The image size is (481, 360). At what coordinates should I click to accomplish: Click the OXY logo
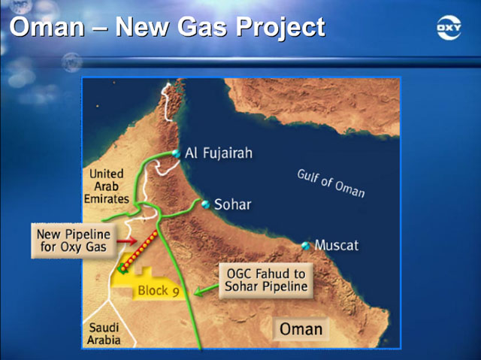(x=449, y=28)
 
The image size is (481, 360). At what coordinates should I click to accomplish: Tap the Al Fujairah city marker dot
(x=176, y=153)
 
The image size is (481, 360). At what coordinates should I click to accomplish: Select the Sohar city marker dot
(x=205, y=204)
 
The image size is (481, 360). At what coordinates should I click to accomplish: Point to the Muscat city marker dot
(x=305, y=246)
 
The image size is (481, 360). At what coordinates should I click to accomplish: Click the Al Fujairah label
(x=219, y=153)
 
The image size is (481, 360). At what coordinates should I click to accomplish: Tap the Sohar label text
(x=232, y=204)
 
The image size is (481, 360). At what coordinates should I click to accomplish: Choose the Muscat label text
(x=337, y=245)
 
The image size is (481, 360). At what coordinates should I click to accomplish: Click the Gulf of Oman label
(x=331, y=183)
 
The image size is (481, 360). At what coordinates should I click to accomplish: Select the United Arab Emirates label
(x=107, y=186)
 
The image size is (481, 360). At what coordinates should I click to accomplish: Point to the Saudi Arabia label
(x=104, y=334)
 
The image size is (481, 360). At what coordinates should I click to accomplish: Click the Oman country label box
(x=301, y=329)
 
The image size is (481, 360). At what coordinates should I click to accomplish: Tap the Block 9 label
(x=159, y=290)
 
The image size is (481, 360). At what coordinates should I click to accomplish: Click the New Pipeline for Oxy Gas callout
(x=74, y=241)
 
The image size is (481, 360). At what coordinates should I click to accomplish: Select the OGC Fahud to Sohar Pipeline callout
(x=266, y=280)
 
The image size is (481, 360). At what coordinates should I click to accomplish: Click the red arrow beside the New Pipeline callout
(x=127, y=241)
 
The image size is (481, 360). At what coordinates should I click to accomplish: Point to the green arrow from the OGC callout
(x=207, y=290)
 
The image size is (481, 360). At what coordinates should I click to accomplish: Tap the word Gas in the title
(x=202, y=26)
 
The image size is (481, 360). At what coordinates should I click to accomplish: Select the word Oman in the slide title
(x=47, y=26)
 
